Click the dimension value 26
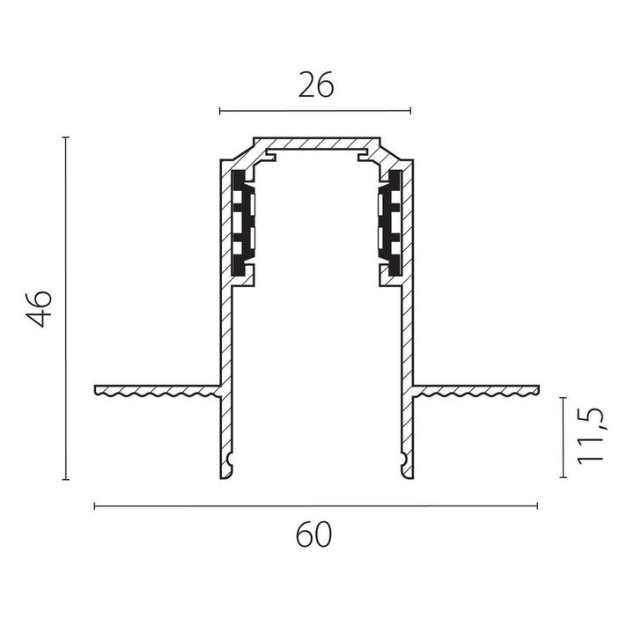click(316, 85)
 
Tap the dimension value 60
click(313, 534)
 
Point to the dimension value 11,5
click(591, 437)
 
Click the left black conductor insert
click(243, 223)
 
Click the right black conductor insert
click(390, 223)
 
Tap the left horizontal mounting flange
click(158, 391)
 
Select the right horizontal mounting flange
click(475, 391)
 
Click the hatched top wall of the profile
click(317, 143)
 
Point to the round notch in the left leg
click(231, 459)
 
